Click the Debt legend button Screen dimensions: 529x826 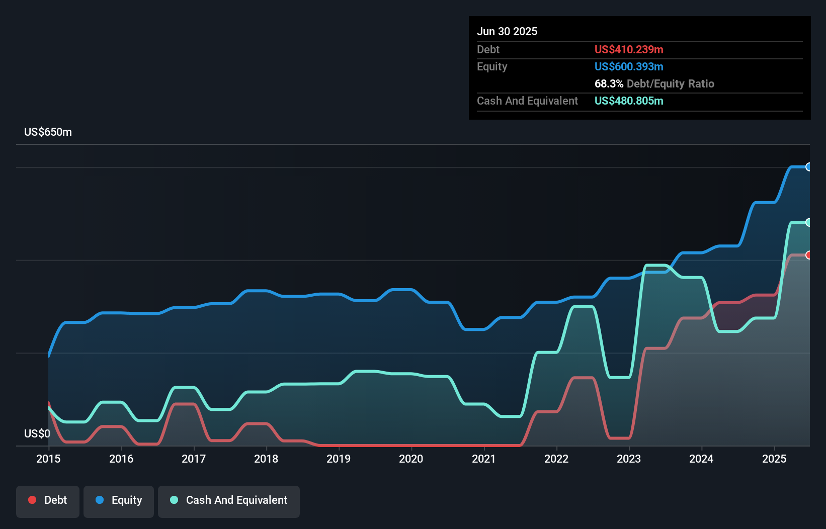coord(48,500)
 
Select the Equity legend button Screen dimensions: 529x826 coord(119,500)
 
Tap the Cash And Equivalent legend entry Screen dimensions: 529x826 coord(229,500)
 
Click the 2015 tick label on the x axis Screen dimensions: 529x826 coord(48,459)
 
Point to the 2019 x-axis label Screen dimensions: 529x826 coord(339,459)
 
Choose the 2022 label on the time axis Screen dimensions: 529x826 coord(556,459)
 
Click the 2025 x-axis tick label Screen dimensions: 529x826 coord(774,459)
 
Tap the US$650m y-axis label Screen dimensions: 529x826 coord(48,132)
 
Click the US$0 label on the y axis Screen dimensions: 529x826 coord(37,433)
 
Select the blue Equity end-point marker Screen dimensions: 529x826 coord(808,167)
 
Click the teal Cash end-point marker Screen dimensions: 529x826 coord(808,222)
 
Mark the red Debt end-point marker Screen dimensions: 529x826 coord(808,255)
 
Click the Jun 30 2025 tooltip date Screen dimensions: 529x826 coord(507,31)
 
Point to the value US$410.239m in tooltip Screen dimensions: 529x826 coord(629,49)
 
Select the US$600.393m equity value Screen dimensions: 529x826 coord(629,66)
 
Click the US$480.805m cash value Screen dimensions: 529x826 coord(629,101)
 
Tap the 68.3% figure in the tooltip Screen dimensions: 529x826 coord(609,83)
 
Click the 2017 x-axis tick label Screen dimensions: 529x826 coord(194,459)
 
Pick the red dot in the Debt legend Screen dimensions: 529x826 coord(32,500)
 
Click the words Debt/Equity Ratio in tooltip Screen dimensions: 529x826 coord(671,83)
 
